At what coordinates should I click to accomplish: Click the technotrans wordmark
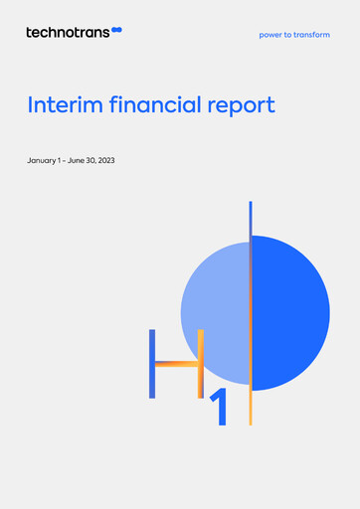[x=68, y=32]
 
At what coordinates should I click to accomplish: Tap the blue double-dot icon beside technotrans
[x=117, y=32]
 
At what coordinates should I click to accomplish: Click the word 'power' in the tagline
[x=270, y=35]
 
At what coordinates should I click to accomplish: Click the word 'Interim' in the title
[x=62, y=104]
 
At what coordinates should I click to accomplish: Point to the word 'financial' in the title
[x=151, y=104]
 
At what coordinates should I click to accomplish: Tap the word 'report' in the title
[x=241, y=105]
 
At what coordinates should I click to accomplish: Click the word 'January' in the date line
[x=44, y=160]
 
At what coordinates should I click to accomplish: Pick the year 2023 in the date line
[x=106, y=160]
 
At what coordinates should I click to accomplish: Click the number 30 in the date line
[x=91, y=160]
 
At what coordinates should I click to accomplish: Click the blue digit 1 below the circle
[x=220, y=408]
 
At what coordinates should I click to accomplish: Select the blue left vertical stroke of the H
[x=152, y=364]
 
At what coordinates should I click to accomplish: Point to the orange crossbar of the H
[x=177, y=364]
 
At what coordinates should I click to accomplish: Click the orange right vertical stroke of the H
[x=201, y=364]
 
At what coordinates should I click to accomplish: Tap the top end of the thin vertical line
[x=251, y=204]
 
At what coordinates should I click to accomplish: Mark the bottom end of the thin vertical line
[x=251, y=422]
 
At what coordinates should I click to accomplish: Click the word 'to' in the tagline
[x=288, y=35]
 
